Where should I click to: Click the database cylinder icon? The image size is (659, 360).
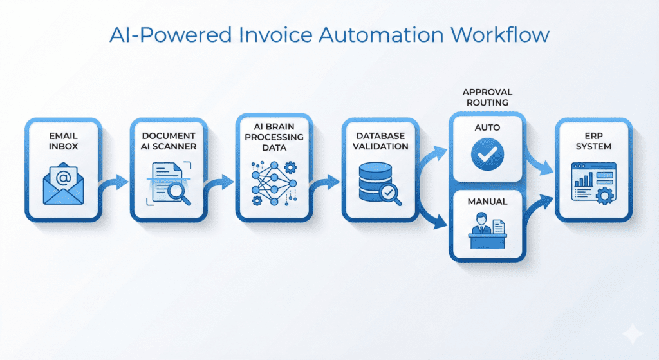point(375,182)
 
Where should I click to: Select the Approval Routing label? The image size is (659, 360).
point(487,97)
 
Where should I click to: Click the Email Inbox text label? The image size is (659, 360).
point(63,141)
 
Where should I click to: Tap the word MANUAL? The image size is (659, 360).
point(487,202)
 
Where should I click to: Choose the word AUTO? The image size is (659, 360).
point(487,128)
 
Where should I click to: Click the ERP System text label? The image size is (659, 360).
point(591,141)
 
